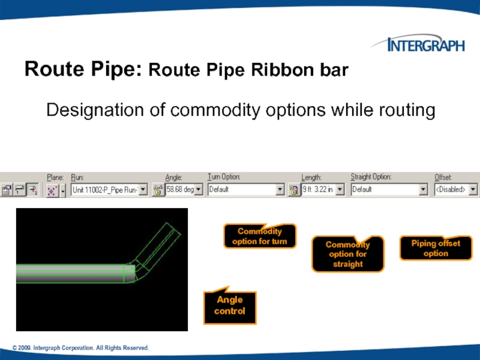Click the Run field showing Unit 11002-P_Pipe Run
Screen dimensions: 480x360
point(104,190)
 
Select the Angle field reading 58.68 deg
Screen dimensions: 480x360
point(180,190)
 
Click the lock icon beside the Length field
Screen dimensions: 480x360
point(294,190)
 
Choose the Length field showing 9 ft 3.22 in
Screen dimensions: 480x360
point(317,190)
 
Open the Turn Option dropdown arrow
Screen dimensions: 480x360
point(280,190)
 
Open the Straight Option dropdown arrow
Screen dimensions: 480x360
point(424,190)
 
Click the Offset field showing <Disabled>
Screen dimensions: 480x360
point(451,190)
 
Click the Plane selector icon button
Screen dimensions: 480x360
point(52,190)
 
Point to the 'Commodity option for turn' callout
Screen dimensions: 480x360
point(260,236)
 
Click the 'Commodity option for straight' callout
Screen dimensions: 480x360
point(347,254)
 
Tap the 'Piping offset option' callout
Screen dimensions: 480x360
point(436,248)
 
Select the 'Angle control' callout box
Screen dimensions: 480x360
point(230,307)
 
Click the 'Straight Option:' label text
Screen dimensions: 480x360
point(371,177)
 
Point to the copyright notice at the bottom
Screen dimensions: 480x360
point(80,349)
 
